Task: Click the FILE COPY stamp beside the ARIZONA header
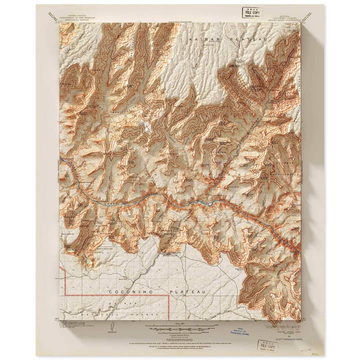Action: click(x=251, y=12)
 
